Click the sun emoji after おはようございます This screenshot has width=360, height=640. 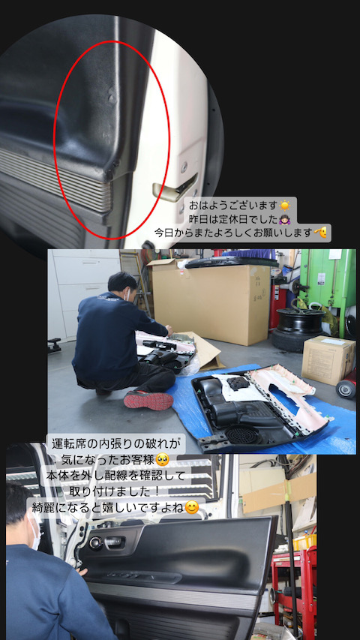click(284, 206)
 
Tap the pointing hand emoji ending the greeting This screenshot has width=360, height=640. click(320, 233)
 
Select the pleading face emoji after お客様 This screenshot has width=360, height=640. click(163, 461)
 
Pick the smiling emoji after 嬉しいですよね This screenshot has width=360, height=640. click(192, 507)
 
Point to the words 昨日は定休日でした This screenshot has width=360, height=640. click(233, 219)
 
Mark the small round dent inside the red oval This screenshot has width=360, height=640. click(112, 98)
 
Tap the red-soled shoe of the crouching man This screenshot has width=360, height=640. click(148, 401)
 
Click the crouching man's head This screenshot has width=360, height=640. click(121, 285)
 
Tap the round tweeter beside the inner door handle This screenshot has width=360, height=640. click(96, 543)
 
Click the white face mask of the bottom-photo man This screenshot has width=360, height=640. click(35, 531)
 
